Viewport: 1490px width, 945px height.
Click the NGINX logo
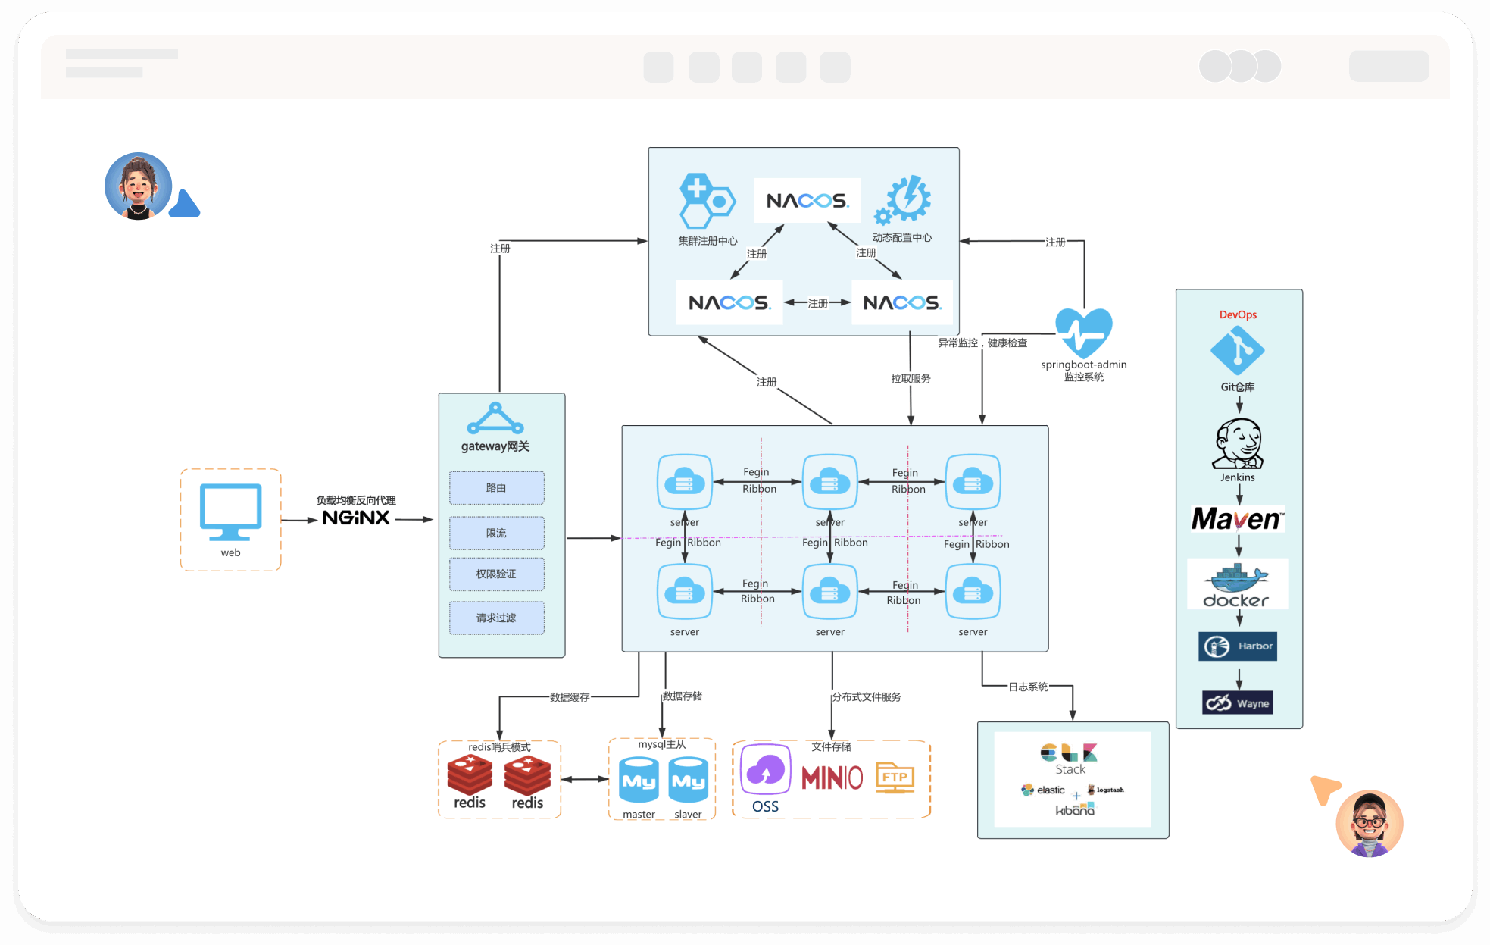click(355, 518)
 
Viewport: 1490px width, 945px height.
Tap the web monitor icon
click(230, 512)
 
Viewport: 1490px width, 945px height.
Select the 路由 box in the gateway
click(496, 488)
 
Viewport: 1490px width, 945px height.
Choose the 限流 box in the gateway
click(496, 533)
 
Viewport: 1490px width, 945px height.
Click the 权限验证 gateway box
click(496, 574)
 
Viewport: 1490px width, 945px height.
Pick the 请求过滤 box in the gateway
click(496, 618)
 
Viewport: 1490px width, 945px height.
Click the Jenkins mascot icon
click(1239, 443)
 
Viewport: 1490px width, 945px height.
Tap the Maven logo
click(1238, 519)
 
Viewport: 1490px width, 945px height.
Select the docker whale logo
click(1237, 584)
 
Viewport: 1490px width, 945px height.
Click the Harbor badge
click(1238, 646)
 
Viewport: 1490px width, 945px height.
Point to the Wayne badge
click(1238, 703)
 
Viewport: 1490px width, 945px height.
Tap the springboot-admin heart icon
click(1084, 332)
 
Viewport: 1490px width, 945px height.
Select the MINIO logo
click(832, 778)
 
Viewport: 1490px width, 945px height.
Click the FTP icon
click(895, 778)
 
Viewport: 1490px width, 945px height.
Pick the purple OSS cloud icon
click(765, 771)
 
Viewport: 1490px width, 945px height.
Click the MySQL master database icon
click(639, 780)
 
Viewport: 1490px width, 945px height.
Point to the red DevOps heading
click(1238, 314)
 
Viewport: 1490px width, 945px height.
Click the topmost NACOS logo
click(807, 201)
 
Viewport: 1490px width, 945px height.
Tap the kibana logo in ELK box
click(1075, 810)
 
